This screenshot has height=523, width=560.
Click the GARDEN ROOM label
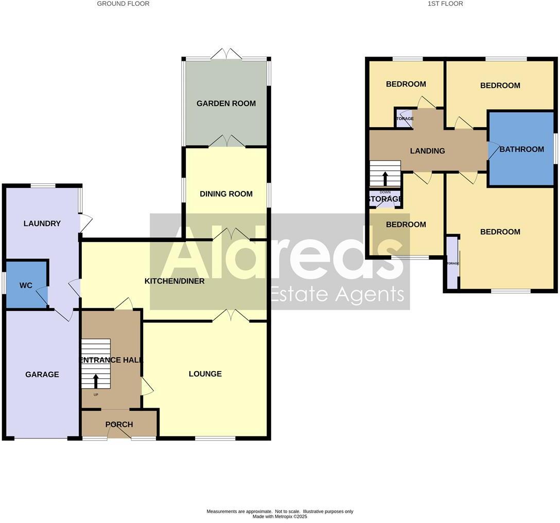[226, 103]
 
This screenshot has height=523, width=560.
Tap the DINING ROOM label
[226, 194]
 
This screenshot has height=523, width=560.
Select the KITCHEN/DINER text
[174, 281]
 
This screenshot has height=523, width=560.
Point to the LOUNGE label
[205, 374]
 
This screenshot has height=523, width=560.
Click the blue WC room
[26, 286]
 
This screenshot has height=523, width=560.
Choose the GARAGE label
[42, 375]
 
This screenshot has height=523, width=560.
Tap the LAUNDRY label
[42, 223]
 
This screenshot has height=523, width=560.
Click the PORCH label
[119, 425]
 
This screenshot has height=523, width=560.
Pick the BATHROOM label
[521, 149]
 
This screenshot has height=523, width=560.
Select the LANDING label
[427, 151]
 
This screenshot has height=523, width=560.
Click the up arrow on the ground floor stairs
[96, 381]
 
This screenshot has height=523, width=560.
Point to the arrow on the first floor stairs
[385, 178]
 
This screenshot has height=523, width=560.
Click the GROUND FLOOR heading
[124, 4]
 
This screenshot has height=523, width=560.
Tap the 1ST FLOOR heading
[445, 4]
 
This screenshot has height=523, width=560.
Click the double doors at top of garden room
[226, 53]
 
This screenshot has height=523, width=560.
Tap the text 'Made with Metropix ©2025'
[279, 516]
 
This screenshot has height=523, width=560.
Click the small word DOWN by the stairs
[385, 192]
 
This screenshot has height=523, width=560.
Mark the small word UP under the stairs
[96, 395]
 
